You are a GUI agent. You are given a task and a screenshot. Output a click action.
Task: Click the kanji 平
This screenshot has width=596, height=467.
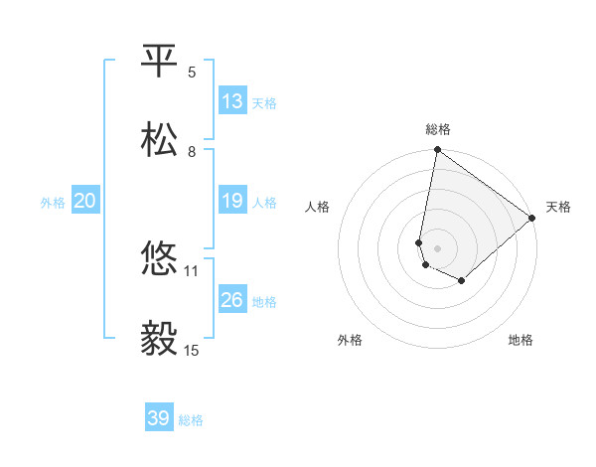[x=160, y=63]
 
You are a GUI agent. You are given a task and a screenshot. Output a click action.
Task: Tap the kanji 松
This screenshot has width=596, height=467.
[x=160, y=141]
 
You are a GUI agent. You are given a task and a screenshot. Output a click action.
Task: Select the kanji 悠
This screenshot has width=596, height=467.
[x=160, y=259]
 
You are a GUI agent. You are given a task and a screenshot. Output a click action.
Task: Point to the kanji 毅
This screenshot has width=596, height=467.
[x=160, y=339]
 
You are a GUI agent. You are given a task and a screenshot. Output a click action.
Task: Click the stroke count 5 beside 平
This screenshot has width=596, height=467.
[x=192, y=73]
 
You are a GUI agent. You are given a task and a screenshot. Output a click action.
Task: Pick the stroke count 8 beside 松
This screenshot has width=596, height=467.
[x=192, y=152]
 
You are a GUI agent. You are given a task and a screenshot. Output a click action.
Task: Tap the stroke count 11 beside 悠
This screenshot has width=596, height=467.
[x=192, y=270]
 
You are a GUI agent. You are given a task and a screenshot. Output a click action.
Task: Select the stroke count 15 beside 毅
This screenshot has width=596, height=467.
[x=192, y=350]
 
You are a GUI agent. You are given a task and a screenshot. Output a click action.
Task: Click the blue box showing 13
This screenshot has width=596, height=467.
[x=232, y=101]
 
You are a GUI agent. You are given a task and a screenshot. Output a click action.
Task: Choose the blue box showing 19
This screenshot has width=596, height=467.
[x=232, y=201]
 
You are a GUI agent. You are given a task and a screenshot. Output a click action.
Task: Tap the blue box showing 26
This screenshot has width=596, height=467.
[x=232, y=300]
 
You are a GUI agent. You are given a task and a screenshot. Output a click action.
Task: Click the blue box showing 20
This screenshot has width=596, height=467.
[x=84, y=201]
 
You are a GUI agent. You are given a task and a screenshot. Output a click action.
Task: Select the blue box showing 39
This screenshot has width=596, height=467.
[x=159, y=418]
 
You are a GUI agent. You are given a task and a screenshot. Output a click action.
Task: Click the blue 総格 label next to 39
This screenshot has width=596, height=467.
[x=192, y=420]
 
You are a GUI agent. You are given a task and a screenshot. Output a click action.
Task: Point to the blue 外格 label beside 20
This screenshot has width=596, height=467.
[x=53, y=203]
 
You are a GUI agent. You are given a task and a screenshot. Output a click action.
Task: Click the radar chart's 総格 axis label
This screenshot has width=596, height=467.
[x=438, y=129]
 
